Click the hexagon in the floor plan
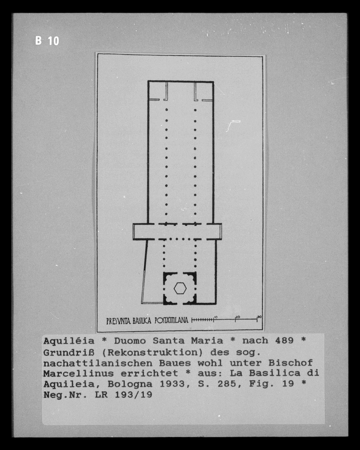coord(180,288)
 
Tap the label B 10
coord(47,41)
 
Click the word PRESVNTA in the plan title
coord(118,321)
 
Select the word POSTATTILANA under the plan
coord(171,320)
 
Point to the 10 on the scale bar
coord(216,317)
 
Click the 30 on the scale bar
coord(259,317)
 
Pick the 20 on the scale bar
coord(238,317)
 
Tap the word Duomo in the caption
coord(130,341)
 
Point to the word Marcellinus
coord(78,373)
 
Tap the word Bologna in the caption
coord(130,384)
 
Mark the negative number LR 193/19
coord(123,395)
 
